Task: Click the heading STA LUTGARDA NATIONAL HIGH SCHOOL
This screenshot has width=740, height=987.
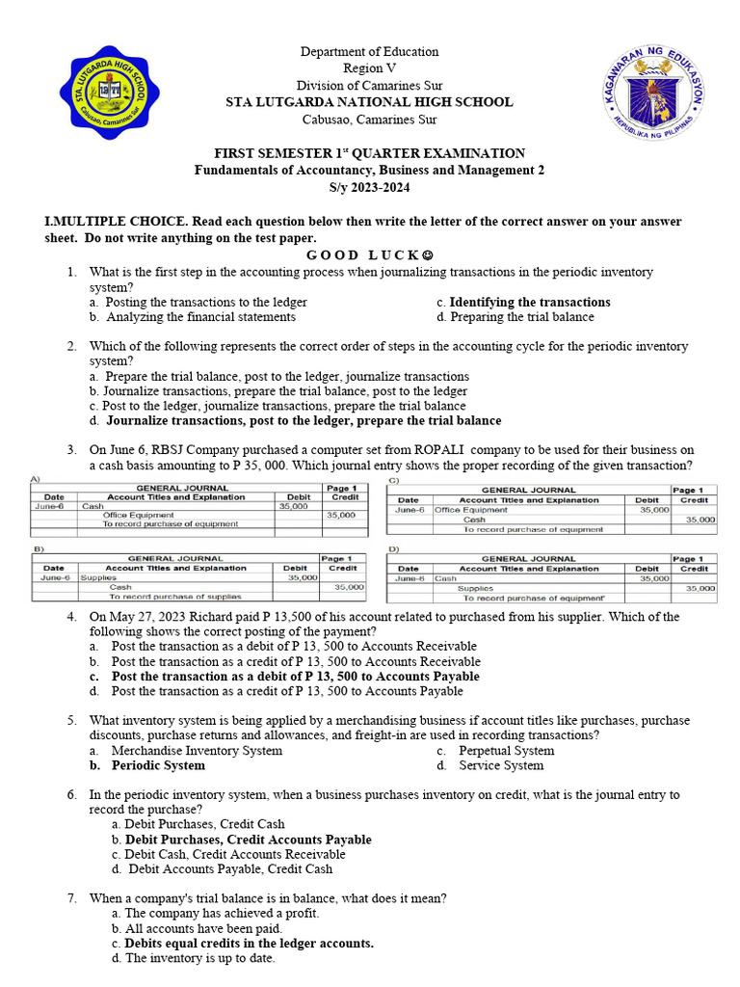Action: [x=369, y=102]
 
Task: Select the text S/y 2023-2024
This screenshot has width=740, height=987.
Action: [x=369, y=187]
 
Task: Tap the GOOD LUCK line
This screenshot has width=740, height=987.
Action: [x=369, y=255]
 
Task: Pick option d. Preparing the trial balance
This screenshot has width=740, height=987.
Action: [x=515, y=316]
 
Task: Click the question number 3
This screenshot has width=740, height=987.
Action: [x=71, y=450]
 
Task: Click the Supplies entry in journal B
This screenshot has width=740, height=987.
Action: [x=98, y=577]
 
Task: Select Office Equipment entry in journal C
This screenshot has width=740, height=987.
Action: [x=471, y=510]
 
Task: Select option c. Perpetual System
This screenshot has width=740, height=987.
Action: [x=494, y=751]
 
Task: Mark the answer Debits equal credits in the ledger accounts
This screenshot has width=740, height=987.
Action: [x=243, y=944]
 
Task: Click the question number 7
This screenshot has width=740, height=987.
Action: [x=71, y=898]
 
